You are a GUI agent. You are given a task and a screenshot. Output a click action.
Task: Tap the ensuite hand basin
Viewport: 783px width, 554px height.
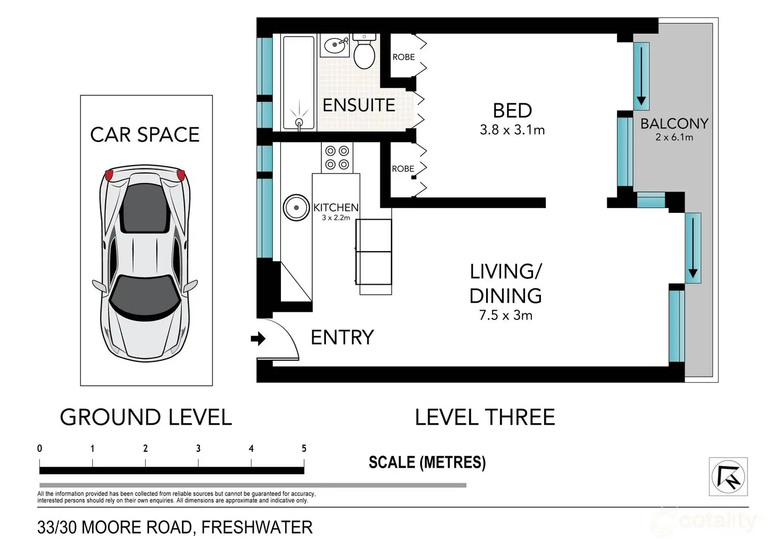click(335, 45)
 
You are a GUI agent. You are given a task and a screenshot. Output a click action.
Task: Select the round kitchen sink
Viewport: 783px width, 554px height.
click(296, 208)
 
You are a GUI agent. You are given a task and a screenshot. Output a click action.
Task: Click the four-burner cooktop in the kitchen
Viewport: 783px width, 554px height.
click(337, 158)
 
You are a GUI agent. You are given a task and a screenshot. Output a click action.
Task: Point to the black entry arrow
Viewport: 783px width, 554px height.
click(258, 338)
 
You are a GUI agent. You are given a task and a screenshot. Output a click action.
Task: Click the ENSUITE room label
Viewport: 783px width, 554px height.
click(359, 105)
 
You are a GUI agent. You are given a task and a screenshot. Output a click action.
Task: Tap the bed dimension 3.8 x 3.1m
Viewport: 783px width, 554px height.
click(512, 130)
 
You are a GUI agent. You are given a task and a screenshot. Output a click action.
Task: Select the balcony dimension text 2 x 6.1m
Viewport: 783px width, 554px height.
click(674, 137)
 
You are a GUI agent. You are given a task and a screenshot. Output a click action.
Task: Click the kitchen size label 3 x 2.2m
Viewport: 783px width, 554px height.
click(336, 218)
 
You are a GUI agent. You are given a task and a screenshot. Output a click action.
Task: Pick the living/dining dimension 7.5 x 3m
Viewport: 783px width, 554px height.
click(505, 315)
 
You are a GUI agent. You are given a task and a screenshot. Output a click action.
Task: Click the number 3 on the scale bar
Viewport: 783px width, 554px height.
click(198, 449)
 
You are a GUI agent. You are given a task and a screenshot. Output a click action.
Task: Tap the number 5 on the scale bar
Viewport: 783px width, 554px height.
click(304, 449)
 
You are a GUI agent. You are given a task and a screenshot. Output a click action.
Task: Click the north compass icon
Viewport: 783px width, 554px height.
click(728, 476)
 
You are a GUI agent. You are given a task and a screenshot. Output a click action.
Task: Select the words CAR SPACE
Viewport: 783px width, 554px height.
click(145, 135)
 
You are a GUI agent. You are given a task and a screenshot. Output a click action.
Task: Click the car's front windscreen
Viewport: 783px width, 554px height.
click(145, 299)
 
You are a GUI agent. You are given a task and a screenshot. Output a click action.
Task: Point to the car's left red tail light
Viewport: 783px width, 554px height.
click(109, 175)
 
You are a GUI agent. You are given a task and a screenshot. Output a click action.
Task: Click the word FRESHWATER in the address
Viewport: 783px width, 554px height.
click(257, 527)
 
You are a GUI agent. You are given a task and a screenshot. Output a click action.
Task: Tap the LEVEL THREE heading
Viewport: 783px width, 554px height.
click(485, 417)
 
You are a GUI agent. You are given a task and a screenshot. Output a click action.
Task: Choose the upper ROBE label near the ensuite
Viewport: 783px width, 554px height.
click(403, 57)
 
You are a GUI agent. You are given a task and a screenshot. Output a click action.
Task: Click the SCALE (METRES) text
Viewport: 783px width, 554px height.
click(427, 462)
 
